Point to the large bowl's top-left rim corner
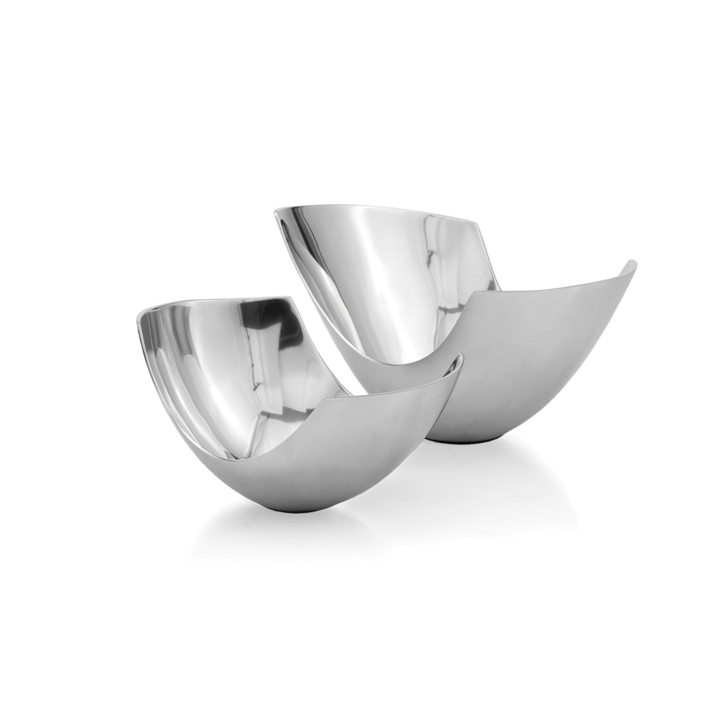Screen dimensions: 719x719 275,212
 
